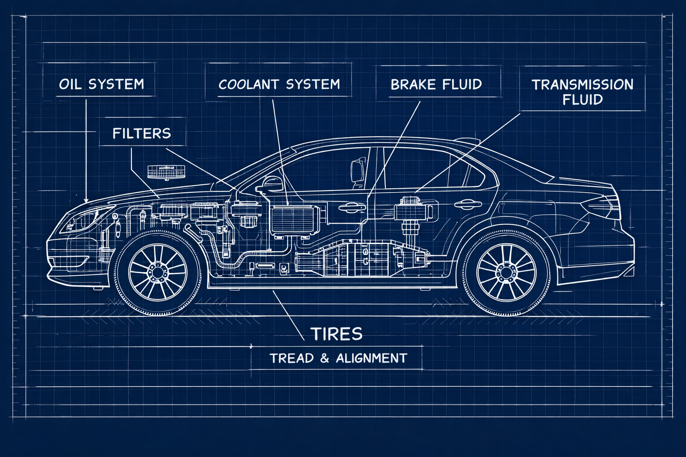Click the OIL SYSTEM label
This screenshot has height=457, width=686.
(x=101, y=84)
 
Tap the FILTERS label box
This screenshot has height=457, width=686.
(x=142, y=133)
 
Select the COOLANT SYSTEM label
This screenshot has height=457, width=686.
(x=279, y=84)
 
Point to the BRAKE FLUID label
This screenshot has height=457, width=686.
(x=436, y=84)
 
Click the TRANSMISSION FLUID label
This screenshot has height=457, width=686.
(x=582, y=91)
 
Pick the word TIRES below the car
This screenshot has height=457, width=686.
(x=336, y=334)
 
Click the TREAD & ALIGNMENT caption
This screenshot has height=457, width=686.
(x=338, y=358)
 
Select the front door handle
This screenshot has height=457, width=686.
(x=351, y=207)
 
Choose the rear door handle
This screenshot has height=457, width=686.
(x=465, y=204)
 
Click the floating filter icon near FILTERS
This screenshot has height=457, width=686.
(x=166, y=172)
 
